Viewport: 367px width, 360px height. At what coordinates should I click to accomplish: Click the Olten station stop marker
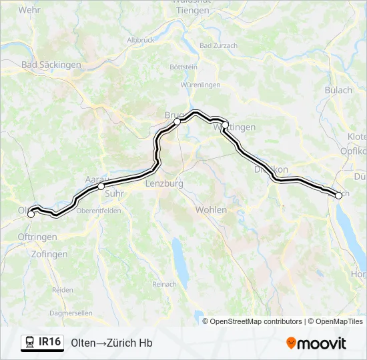point(31,214)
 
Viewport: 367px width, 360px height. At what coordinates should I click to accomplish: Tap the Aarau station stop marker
point(101,187)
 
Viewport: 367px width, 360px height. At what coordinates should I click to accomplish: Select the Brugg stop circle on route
point(177,122)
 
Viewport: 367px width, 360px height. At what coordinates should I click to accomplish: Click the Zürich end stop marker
point(339,195)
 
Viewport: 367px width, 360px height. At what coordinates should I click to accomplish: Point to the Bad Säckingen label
point(51,65)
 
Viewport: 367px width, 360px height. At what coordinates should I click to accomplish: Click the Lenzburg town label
point(163,183)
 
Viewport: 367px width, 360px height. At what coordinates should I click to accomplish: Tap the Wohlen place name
point(211,210)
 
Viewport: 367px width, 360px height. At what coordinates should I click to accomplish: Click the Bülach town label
point(338,90)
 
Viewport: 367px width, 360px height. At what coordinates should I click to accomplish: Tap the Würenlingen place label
point(200,85)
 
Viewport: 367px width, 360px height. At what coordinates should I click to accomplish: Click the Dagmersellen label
point(71,313)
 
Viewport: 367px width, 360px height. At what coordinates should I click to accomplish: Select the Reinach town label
point(164,284)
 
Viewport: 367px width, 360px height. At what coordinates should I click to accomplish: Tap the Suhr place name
point(114,194)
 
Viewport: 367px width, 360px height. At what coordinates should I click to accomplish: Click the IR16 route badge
point(43,343)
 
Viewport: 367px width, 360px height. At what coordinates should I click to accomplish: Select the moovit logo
point(316,343)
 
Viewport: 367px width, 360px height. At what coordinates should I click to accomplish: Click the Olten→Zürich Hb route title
point(111,343)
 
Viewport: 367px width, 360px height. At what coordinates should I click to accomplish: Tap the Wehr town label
point(29,10)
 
